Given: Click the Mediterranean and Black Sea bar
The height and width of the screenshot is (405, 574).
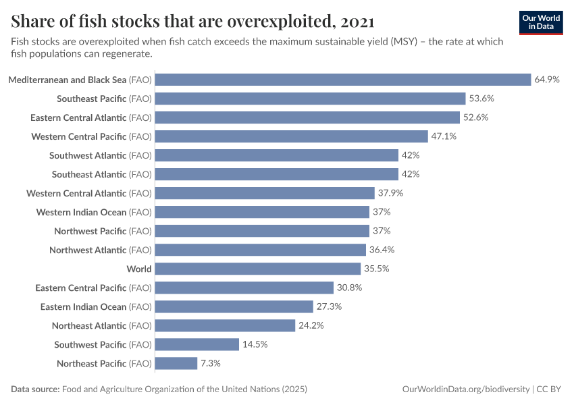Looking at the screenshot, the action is (x=343, y=80).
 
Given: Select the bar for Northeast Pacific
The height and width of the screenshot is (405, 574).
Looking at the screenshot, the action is (x=176, y=363).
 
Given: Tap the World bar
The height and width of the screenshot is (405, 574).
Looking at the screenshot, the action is (x=260, y=269).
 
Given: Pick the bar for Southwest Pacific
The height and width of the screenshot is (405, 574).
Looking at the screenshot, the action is (x=197, y=344).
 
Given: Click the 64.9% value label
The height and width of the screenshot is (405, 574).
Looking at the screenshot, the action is (x=547, y=80).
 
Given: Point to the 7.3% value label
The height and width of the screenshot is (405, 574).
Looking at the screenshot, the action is (x=210, y=363).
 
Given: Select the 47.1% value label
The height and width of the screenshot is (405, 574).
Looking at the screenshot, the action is (x=444, y=136).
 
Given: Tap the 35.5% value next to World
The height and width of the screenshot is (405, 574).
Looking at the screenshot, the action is (x=382, y=269).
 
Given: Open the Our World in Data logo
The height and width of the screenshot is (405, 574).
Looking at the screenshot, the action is (x=541, y=22).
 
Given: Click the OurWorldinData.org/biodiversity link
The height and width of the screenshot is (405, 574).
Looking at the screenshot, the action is (x=465, y=389).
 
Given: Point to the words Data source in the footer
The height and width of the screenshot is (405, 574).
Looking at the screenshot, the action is (x=34, y=389).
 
